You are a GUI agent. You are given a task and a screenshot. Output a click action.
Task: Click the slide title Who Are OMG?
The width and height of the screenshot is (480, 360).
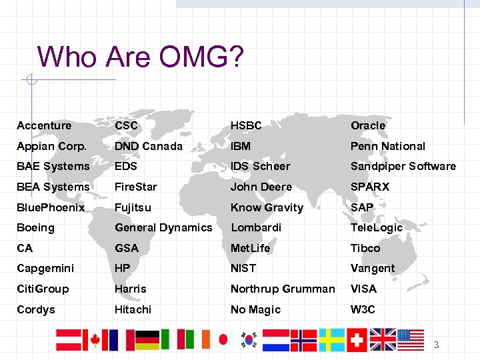click(x=140, y=57)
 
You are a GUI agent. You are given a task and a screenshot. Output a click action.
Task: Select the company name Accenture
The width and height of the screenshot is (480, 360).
click(x=44, y=125)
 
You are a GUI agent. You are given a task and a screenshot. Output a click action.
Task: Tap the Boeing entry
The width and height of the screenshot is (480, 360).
click(x=35, y=227)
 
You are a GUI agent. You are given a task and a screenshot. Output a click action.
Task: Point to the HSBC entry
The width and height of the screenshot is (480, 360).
click(x=246, y=125)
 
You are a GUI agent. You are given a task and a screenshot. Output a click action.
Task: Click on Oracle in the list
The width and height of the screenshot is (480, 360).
click(x=368, y=125)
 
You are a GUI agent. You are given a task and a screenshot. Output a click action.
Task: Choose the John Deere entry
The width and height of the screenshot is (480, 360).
click(x=261, y=187)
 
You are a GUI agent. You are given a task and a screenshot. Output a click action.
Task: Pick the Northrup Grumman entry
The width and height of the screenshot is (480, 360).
click(x=283, y=289)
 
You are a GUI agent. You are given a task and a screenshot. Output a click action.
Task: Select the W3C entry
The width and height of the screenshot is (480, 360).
click(x=363, y=309)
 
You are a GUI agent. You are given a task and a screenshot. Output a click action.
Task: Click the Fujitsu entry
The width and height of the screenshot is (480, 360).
click(x=133, y=207)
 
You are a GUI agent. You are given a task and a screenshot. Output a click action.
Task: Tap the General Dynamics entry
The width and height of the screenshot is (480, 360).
click(x=163, y=227)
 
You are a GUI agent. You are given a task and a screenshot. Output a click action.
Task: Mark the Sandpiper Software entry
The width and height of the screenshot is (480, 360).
click(x=403, y=166)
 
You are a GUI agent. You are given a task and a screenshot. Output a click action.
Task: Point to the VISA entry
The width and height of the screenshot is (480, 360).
click(x=363, y=289)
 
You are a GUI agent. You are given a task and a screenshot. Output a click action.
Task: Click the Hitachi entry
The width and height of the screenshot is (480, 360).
click(x=133, y=309)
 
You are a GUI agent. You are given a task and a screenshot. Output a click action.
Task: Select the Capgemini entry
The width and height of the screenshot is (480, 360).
click(x=46, y=268)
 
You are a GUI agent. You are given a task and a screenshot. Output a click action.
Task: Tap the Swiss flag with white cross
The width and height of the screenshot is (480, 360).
click(x=357, y=340)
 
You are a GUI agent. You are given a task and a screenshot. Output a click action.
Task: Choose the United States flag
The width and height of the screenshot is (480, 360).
click(x=411, y=340)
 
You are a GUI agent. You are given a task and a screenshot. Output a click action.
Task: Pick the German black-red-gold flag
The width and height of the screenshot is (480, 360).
click(x=147, y=340)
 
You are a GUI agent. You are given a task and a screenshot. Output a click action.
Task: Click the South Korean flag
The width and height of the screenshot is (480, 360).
click(x=250, y=340)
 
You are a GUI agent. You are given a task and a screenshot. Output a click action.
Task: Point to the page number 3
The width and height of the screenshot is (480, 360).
click(x=437, y=345)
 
